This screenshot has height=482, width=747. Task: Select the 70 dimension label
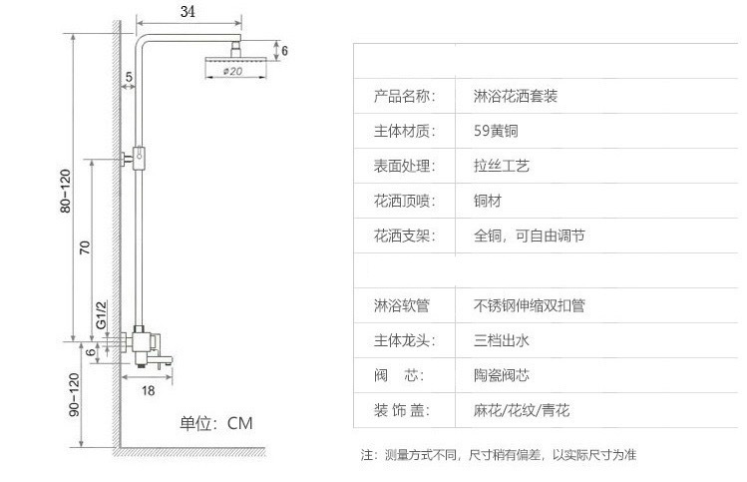pos(86,246)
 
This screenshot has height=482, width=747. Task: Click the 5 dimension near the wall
pos(130,77)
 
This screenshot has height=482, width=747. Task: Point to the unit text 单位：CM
pos(216,423)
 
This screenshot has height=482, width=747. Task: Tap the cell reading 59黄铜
pos(496,130)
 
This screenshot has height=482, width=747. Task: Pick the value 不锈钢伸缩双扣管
pos(530,305)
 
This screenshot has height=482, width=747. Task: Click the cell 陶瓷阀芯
pos(502,375)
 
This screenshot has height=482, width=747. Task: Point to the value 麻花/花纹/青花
pos(522,410)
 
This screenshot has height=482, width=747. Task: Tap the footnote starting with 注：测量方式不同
pos(498,455)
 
